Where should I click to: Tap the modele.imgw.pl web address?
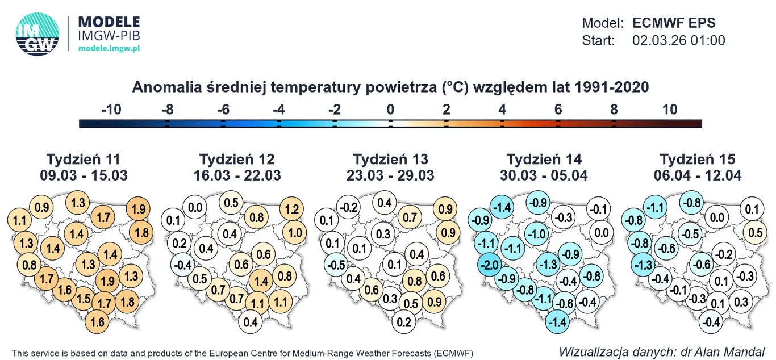109,48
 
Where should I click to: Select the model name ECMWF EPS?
674,23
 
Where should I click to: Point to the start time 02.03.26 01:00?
678,41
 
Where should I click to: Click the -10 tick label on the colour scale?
111,110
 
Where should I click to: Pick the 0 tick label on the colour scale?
390,110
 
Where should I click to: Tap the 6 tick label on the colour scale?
558,110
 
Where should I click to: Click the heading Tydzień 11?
84,159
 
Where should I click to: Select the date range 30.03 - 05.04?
544,175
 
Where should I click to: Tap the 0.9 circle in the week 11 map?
41,207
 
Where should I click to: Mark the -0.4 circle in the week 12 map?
182,265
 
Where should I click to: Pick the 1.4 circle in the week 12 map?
261,281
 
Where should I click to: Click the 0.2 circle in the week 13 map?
404,323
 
